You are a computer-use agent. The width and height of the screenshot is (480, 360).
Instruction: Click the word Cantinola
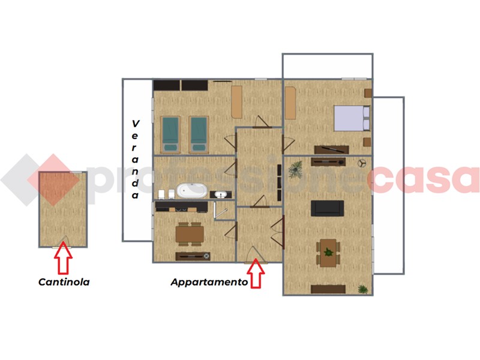pyautogui.click(x=64, y=281)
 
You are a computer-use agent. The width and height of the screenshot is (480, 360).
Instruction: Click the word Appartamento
pyautogui.click(x=209, y=282)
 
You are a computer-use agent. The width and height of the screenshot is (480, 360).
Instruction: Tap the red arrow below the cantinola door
pyautogui.click(x=63, y=257)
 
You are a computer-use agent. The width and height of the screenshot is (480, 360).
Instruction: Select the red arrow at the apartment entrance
pyautogui.click(x=256, y=274)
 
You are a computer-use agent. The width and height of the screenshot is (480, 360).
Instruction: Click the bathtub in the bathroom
pyautogui.click(x=192, y=190)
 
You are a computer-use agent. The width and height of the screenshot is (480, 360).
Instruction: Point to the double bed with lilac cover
pyautogui.click(x=352, y=118)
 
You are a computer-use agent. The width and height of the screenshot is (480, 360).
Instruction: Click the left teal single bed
pyautogui.click(x=170, y=134)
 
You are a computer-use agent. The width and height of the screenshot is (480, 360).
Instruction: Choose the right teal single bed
pyautogui.click(x=199, y=134)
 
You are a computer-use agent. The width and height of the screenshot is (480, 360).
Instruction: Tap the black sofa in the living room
pyautogui.click(x=327, y=208)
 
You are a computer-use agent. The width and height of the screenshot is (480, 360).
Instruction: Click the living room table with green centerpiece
pyautogui.click(x=328, y=253)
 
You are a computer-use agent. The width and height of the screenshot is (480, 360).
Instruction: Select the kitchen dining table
pyautogui.click(x=190, y=234)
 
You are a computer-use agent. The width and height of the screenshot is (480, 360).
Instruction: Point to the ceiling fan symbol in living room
pyautogui.click(x=362, y=163)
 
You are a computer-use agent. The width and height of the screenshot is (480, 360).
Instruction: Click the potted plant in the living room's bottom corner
pyautogui.click(x=363, y=289)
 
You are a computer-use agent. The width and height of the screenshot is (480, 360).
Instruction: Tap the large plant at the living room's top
pyautogui.click(x=295, y=169)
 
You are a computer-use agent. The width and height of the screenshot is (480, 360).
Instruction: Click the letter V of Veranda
pyautogui.click(x=136, y=124)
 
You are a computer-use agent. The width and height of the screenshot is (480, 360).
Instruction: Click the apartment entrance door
pyautogui.click(x=256, y=254)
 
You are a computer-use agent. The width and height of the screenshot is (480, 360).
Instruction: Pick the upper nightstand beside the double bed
pyautogui.click(x=368, y=93)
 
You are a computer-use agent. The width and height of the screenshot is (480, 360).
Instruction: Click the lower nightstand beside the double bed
pyautogui.click(x=367, y=142)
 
